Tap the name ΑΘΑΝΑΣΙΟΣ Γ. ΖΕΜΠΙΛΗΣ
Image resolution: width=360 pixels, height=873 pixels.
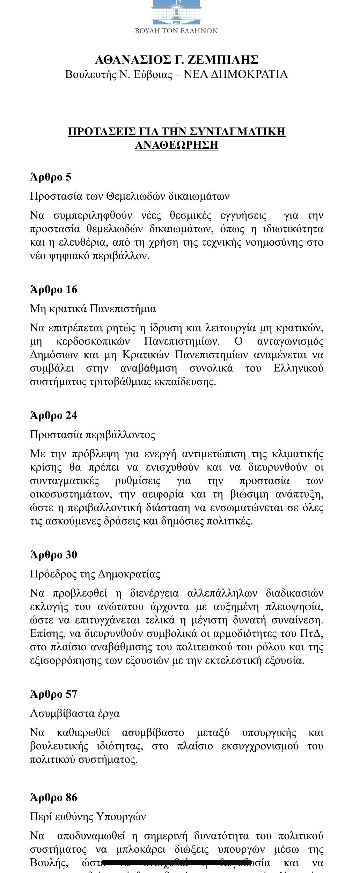pyautogui.click(x=176, y=60)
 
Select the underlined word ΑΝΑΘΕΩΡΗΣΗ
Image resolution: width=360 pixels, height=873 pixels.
pyautogui.click(x=176, y=145)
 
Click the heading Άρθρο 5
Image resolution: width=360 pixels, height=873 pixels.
pyautogui.click(x=51, y=177)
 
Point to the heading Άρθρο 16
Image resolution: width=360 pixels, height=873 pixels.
pyautogui.click(x=53, y=289)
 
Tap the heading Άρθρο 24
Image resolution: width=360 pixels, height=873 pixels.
pyautogui.click(x=53, y=415)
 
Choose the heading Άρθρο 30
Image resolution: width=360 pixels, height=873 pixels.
pyautogui.click(x=53, y=555)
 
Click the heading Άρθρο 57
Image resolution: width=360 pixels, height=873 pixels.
pyautogui.click(x=53, y=694)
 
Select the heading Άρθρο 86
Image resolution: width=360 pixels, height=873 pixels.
pyautogui.click(x=53, y=798)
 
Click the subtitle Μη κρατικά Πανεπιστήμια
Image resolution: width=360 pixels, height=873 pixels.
pyautogui.click(x=93, y=309)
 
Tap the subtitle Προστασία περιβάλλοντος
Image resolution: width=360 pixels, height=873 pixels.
pyautogui.click(x=93, y=435)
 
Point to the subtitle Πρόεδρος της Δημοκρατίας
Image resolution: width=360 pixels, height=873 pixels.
pyautogui.click(x=95, y=574)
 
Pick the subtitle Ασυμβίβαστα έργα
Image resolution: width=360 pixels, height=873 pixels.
pyautogui.click(x=75, y=713)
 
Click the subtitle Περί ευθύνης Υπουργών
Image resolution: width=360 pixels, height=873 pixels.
pyautogui.click(x=88, y=817)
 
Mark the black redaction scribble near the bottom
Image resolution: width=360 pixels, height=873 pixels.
pyautogui.click(x=178, y=863)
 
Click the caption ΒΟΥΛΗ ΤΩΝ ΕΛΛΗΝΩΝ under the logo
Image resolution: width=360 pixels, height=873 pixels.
pyautogui.click(x=176, y=31)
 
